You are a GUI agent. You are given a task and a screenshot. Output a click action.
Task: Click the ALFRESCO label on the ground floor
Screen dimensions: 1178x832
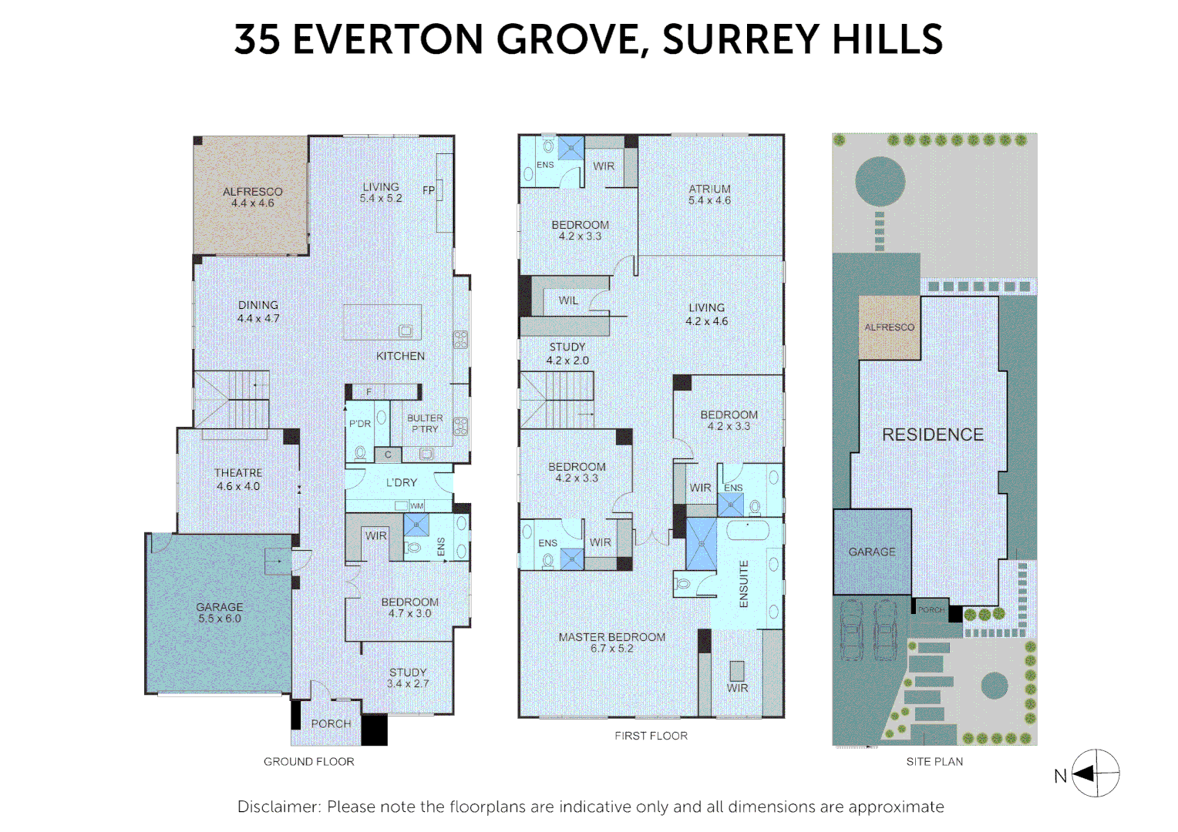pos(252,192)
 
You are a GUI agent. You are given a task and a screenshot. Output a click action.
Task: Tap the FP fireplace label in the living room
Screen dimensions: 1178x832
pos(429,190)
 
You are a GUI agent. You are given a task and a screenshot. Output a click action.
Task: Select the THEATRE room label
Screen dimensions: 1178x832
pos(238,473)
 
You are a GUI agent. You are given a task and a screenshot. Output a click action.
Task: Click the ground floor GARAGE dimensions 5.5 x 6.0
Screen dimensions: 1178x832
pos(220,619)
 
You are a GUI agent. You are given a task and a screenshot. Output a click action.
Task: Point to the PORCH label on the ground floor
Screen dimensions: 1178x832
pos(331,723)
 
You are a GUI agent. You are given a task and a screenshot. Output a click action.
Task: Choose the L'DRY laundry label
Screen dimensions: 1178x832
pos(401,482)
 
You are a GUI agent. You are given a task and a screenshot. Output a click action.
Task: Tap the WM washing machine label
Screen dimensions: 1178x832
pos(416,506)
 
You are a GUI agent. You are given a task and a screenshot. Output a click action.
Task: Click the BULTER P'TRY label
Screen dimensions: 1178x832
pos(425,424)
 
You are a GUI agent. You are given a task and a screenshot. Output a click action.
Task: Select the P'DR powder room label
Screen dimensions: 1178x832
pos(360,424)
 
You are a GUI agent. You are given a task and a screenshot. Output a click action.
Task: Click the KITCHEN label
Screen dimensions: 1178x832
pos(400,356)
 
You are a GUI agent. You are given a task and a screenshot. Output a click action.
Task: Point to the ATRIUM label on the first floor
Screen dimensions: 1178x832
pos(709,189)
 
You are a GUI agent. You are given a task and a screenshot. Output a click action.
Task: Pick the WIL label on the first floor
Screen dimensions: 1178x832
pos(568,300)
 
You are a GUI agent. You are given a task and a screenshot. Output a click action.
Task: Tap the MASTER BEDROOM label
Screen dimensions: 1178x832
pos(612,637)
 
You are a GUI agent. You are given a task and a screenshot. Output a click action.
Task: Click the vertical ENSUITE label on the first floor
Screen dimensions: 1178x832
pos(744,584)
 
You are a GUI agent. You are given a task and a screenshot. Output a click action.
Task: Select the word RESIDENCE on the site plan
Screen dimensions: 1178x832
pos(933,434)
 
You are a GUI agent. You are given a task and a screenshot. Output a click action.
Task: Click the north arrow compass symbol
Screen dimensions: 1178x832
pos(1096,773)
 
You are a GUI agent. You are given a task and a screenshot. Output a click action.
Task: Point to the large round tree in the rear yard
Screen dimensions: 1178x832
pos(880,182)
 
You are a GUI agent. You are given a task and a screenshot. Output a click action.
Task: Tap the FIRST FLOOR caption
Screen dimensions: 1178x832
pos(651,736)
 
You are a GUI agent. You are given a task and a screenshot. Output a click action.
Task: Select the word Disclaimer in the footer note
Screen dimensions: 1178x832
pos(279,807)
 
